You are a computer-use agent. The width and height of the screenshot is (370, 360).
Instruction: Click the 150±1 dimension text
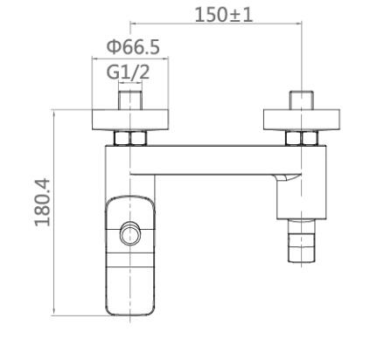point(223,15)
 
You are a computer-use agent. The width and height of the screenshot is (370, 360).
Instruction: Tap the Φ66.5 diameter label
point(133,46)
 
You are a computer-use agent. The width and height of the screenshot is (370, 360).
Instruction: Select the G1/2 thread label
point(128,72)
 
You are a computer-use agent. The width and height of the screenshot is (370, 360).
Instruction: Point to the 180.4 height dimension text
point(43,203)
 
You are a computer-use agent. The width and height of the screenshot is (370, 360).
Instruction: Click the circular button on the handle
point(130,233)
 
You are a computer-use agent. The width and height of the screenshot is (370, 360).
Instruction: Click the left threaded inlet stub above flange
point(130,100)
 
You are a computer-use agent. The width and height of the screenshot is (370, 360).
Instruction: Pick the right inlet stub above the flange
point(302,100)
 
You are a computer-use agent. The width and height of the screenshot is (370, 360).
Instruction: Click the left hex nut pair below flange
point(130,138)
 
